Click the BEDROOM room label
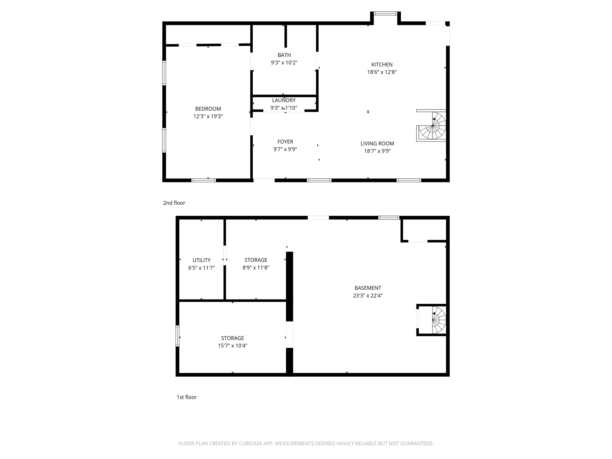click(x=208, y=109)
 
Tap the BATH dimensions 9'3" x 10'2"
click(x=284, y=63)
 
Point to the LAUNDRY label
click(x=284, y=100)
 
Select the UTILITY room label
click(x=201, y=260)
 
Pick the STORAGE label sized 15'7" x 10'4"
click(x=232, y=338)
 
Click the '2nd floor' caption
click(x=174, y=203)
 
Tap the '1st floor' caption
click(x=186, y=397)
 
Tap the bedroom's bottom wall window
click(x=204, y=180)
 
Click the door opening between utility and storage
click(x=225, y=255)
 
